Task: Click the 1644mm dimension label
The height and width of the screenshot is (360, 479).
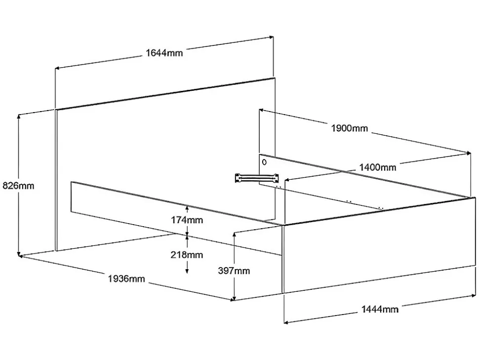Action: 164,52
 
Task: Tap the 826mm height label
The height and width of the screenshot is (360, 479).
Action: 19,186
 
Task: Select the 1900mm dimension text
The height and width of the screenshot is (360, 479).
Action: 349,128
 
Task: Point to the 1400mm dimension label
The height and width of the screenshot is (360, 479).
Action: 377,167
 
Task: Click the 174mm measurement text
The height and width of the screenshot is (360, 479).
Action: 187,220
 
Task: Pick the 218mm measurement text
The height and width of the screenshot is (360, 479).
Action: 187,255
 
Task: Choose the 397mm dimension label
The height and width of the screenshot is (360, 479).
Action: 234,270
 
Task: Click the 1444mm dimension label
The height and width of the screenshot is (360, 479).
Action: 380,309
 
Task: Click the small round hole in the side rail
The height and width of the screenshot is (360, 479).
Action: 265,161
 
